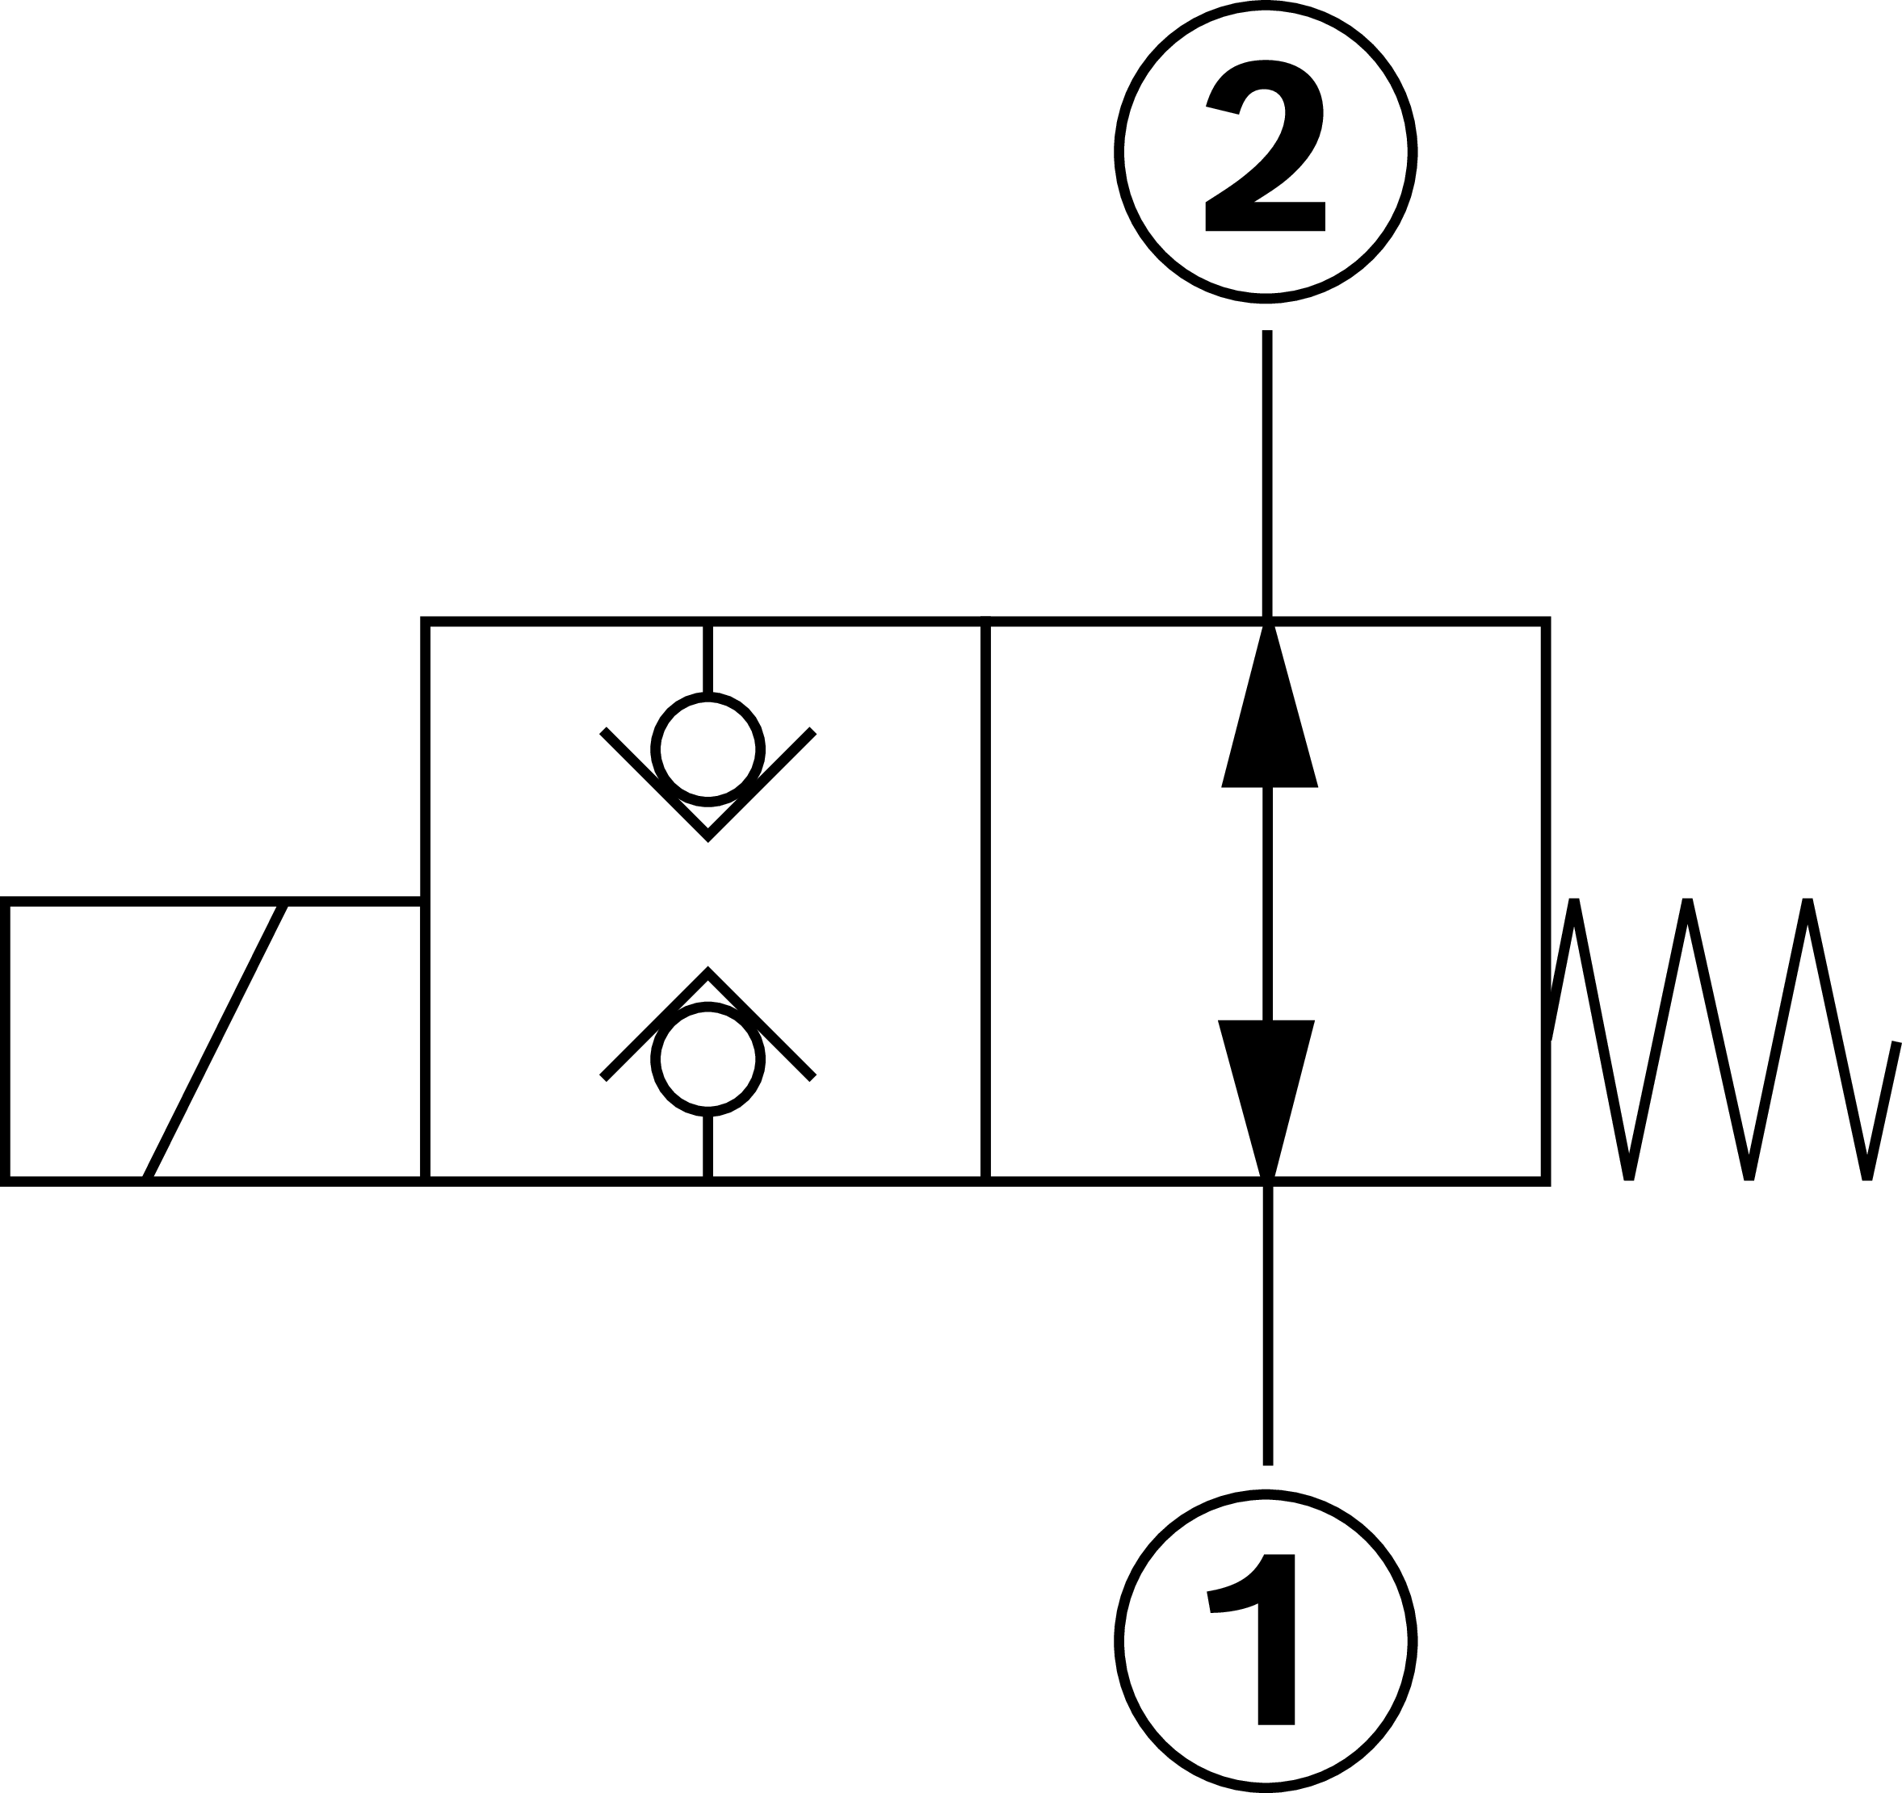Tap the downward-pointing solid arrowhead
coord(1266,1090)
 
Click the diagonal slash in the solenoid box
coord(216,1041)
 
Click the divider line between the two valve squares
coord(985,899)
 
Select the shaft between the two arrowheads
coord(1268,903)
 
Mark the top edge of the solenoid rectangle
coord(211,901)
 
